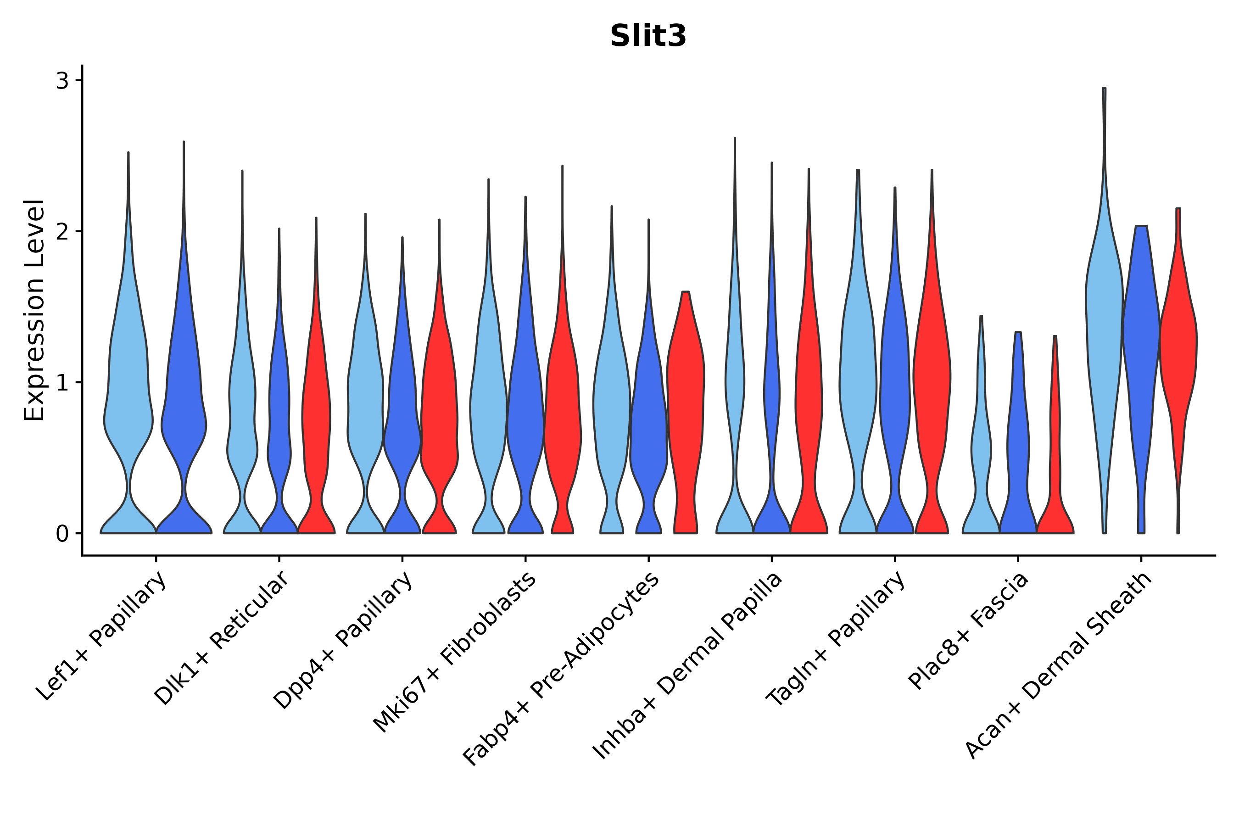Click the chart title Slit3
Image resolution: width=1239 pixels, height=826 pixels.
[x=648, y=36]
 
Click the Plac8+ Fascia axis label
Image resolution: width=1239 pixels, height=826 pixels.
[x=968, y=631]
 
